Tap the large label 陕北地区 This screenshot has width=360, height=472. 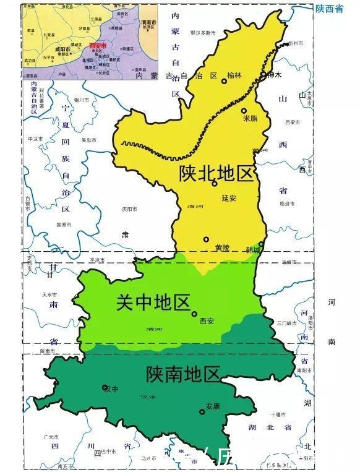216,173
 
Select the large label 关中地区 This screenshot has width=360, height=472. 153,303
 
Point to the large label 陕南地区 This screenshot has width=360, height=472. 183,374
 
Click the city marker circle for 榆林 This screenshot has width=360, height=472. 224,81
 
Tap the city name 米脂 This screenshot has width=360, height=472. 250,118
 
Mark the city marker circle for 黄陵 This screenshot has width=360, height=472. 206,239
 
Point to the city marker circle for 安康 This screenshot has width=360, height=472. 202,411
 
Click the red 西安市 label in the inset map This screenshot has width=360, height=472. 97,46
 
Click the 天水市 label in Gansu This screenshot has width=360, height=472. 49,294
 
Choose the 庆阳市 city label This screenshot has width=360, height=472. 129,209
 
